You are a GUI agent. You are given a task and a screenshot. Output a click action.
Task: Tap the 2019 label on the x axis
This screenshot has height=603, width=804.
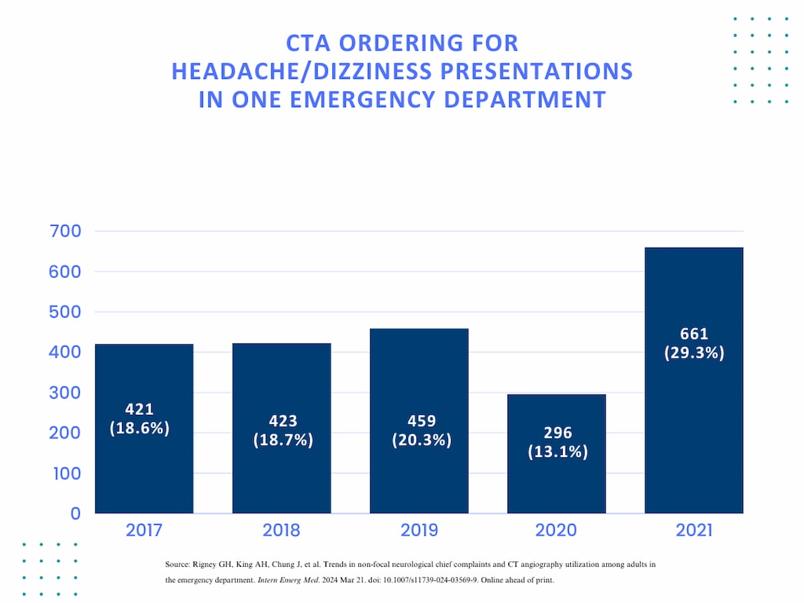pyautogui.click(x=419, y=531)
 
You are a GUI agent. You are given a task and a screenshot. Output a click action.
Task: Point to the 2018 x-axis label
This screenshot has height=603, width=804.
pyautogui.click(x=281, y=531)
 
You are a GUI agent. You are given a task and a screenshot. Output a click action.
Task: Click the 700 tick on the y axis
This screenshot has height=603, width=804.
pyautogui.click(x=66, y=232)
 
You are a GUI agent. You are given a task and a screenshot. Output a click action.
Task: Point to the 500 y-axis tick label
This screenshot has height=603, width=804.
pyautogui.click(x=66, y=312)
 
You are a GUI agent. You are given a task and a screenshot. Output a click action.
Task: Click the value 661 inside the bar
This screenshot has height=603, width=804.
pyautogui.click(x=693, y=334)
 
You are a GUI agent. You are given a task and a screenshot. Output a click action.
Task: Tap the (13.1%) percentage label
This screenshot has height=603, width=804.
pyautogui.click(x=557, y=452)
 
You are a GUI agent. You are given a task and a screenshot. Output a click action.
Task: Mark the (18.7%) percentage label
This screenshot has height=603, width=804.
pyautogui.click(x=283, y=441)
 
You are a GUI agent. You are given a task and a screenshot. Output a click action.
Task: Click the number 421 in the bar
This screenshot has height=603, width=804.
pyautogui.click(x=139, y=409)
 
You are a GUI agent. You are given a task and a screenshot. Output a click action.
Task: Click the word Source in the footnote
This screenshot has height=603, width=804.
pyautogui.click(x=178, y=565)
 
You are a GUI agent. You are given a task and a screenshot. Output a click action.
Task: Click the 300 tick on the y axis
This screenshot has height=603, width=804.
pyautogui.click(x=66, y=393)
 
